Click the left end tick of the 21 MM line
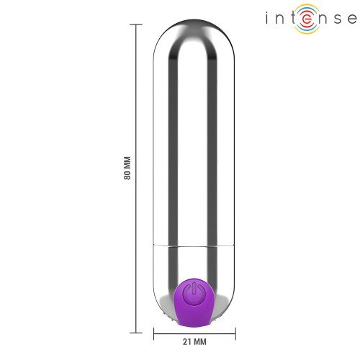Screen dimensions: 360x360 click(153, 332)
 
